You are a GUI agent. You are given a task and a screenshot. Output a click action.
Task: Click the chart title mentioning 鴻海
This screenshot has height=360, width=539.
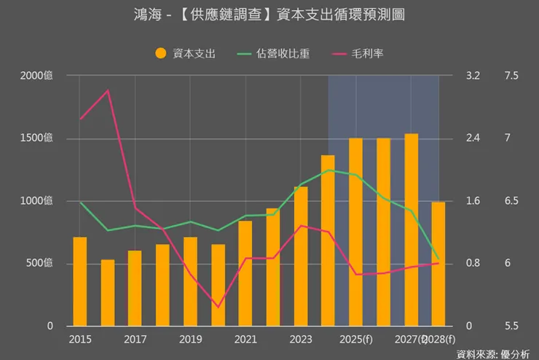click(x=269, y=15)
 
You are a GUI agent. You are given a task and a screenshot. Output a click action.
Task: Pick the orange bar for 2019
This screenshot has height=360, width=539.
click(x=190, y=281)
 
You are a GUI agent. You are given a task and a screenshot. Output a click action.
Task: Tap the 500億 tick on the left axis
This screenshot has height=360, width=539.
click(x=39, y=263)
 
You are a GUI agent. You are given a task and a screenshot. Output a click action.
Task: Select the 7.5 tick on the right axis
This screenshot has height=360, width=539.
click(x=511, y=76)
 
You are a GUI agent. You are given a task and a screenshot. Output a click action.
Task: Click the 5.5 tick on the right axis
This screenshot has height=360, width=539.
click(x=511, y=326)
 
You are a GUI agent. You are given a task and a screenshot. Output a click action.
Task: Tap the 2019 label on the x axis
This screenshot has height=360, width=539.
click(x=190, y=340)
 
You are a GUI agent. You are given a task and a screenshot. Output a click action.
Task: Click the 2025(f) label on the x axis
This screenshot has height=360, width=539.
click(x=356, y=340)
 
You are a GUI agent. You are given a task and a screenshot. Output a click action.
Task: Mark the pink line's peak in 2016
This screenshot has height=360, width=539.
click(x=108, y=90)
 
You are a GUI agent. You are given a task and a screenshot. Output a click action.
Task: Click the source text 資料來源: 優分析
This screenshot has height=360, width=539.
click(x=493, y=353)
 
